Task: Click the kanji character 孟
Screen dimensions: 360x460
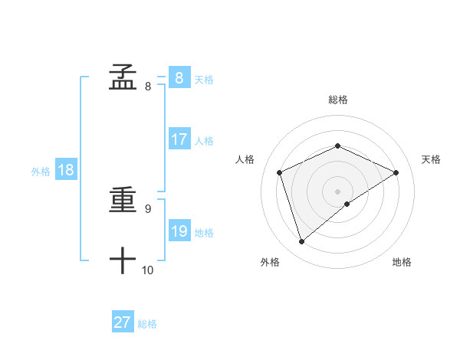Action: (x=123, y=77)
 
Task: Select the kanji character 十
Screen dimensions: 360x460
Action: (x=123, y=261)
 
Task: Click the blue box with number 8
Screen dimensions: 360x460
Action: (x=179, y=78)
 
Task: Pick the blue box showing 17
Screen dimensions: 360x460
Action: (x=179, y=139)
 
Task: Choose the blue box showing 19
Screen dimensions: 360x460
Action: (x=179, y=231)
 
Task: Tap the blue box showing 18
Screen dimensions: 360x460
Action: (x=65, y=170)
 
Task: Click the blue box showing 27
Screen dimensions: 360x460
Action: (x=122, y=322)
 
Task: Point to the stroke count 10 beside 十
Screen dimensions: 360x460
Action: (x=147, y=270)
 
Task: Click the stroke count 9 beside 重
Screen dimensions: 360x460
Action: (x=148, y=208)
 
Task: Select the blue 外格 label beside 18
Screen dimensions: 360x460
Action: (x=41, y=172)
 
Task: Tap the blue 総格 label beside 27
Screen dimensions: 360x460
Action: (x=147, y=324)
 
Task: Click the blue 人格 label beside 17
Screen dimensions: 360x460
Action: (x=204, y=141)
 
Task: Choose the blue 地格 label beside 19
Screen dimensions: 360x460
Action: (x=204, y=233)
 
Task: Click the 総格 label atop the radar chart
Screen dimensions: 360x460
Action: (x=337, y=100)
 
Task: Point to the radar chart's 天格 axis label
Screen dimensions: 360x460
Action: (x=431, y=159)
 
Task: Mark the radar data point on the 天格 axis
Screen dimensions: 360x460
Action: (x=396, y=172)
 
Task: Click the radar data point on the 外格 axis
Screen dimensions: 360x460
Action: (x=301, y=242)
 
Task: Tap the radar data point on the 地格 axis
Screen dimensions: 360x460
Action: (x=347, y=204)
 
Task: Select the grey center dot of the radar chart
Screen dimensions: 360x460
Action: (x=337, y=191)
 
